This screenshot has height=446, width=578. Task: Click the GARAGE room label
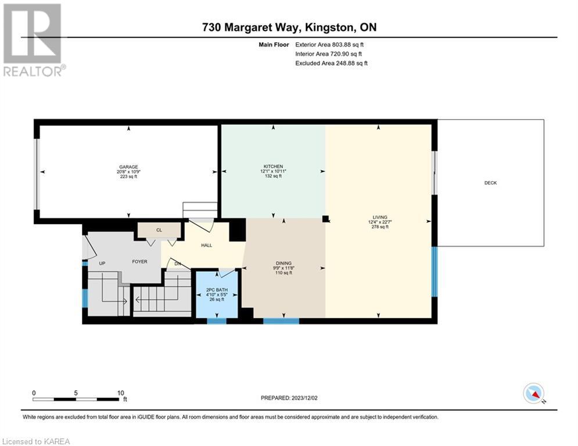(128, 167)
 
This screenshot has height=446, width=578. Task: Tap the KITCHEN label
(273, 167)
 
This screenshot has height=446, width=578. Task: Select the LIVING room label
(380, 217)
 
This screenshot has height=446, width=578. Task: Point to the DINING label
(283, 263)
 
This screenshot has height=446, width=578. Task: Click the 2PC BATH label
(217, 290)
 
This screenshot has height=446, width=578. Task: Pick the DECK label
(491, 183)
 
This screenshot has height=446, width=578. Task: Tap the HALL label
(206, 245)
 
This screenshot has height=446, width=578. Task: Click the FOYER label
(140, 262)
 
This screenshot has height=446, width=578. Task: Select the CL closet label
(159, 230)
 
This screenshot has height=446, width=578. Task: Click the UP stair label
(102, 264)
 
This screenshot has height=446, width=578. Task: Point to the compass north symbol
(534, 394)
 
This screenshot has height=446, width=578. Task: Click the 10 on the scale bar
(121, 393)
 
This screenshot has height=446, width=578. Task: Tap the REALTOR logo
(34, 40)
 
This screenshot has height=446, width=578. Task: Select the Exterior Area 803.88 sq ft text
(329, 45)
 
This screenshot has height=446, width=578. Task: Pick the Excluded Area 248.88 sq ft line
(331, 63)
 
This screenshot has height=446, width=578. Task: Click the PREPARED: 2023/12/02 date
(289, 398)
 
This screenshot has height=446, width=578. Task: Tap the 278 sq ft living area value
(380, 227)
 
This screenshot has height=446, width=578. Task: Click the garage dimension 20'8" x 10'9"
(128, 172)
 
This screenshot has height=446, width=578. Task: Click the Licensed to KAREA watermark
(36, 441)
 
